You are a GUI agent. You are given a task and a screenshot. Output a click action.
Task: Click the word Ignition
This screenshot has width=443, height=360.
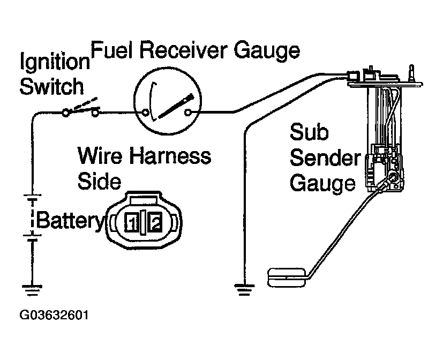point(54,63)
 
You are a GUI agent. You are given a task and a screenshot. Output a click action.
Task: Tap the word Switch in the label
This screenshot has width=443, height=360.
point(51,86)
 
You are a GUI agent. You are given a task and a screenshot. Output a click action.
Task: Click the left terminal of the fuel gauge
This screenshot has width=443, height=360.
point(146,112)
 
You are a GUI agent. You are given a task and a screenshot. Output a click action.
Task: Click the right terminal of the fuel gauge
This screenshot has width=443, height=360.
point(188,112)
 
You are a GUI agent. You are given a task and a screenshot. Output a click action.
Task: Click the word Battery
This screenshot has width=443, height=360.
point(71,220)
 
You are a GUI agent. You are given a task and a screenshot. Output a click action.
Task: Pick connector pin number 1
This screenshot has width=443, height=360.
point(132,221)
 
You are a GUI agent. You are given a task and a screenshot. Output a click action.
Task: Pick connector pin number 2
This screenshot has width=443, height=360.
point(155,221)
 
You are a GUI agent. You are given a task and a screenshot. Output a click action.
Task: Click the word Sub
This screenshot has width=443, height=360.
point(309,133)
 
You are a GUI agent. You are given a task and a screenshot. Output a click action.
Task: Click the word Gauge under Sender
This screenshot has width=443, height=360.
point(322,183)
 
